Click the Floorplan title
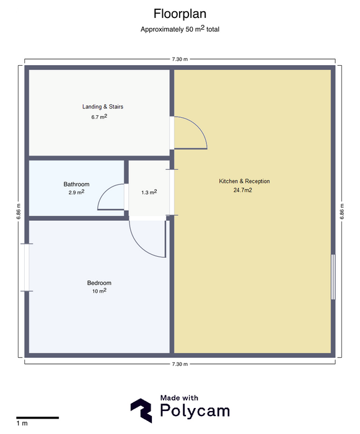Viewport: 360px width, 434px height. [x=180, y=14]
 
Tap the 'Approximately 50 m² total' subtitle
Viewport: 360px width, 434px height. [x=180, y=29]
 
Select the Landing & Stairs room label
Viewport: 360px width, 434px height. [x=103, y=107]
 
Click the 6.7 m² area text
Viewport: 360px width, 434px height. [x=99, y=117]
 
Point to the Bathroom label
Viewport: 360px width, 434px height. [x=76, y=184]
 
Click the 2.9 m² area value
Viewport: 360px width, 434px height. [x=76, y=192]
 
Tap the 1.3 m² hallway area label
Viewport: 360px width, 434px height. [x=149, y=192]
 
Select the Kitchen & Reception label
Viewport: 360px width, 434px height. [x=244, y=181]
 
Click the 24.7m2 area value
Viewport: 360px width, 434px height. [x=243, y=190]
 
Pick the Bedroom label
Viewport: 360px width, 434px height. [x=99, y=283]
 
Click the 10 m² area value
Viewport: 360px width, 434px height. [x=99, y=291]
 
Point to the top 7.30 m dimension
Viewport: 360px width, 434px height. [x=180, y=59]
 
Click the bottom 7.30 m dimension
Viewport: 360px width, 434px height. [x=180, y=364]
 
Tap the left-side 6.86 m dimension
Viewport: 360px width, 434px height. [x=19, y=211]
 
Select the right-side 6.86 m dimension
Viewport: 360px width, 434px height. [x=342, y=211]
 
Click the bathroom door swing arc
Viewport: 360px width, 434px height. [x=103, y=192]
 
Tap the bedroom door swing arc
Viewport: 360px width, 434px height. [x=141, y=247]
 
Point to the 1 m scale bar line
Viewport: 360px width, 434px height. [x=37, y=418]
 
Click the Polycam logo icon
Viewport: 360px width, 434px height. [x=141, y=410]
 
